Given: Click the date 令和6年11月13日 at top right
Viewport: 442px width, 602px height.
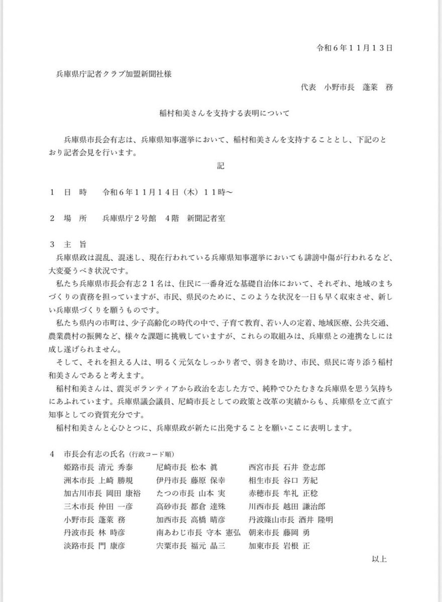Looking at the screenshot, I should [x=354, y=48].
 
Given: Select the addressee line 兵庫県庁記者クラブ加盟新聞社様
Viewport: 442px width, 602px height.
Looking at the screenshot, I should [x=116, y=74].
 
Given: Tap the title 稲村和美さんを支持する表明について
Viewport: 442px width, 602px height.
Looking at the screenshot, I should [x=221, y=113].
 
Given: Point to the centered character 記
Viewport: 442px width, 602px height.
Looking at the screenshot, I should [x=220, y=170].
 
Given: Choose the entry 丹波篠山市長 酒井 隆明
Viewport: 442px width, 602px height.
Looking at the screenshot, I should [x=290, y=520].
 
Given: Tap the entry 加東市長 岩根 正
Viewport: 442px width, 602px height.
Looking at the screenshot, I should [x=279, y=546].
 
